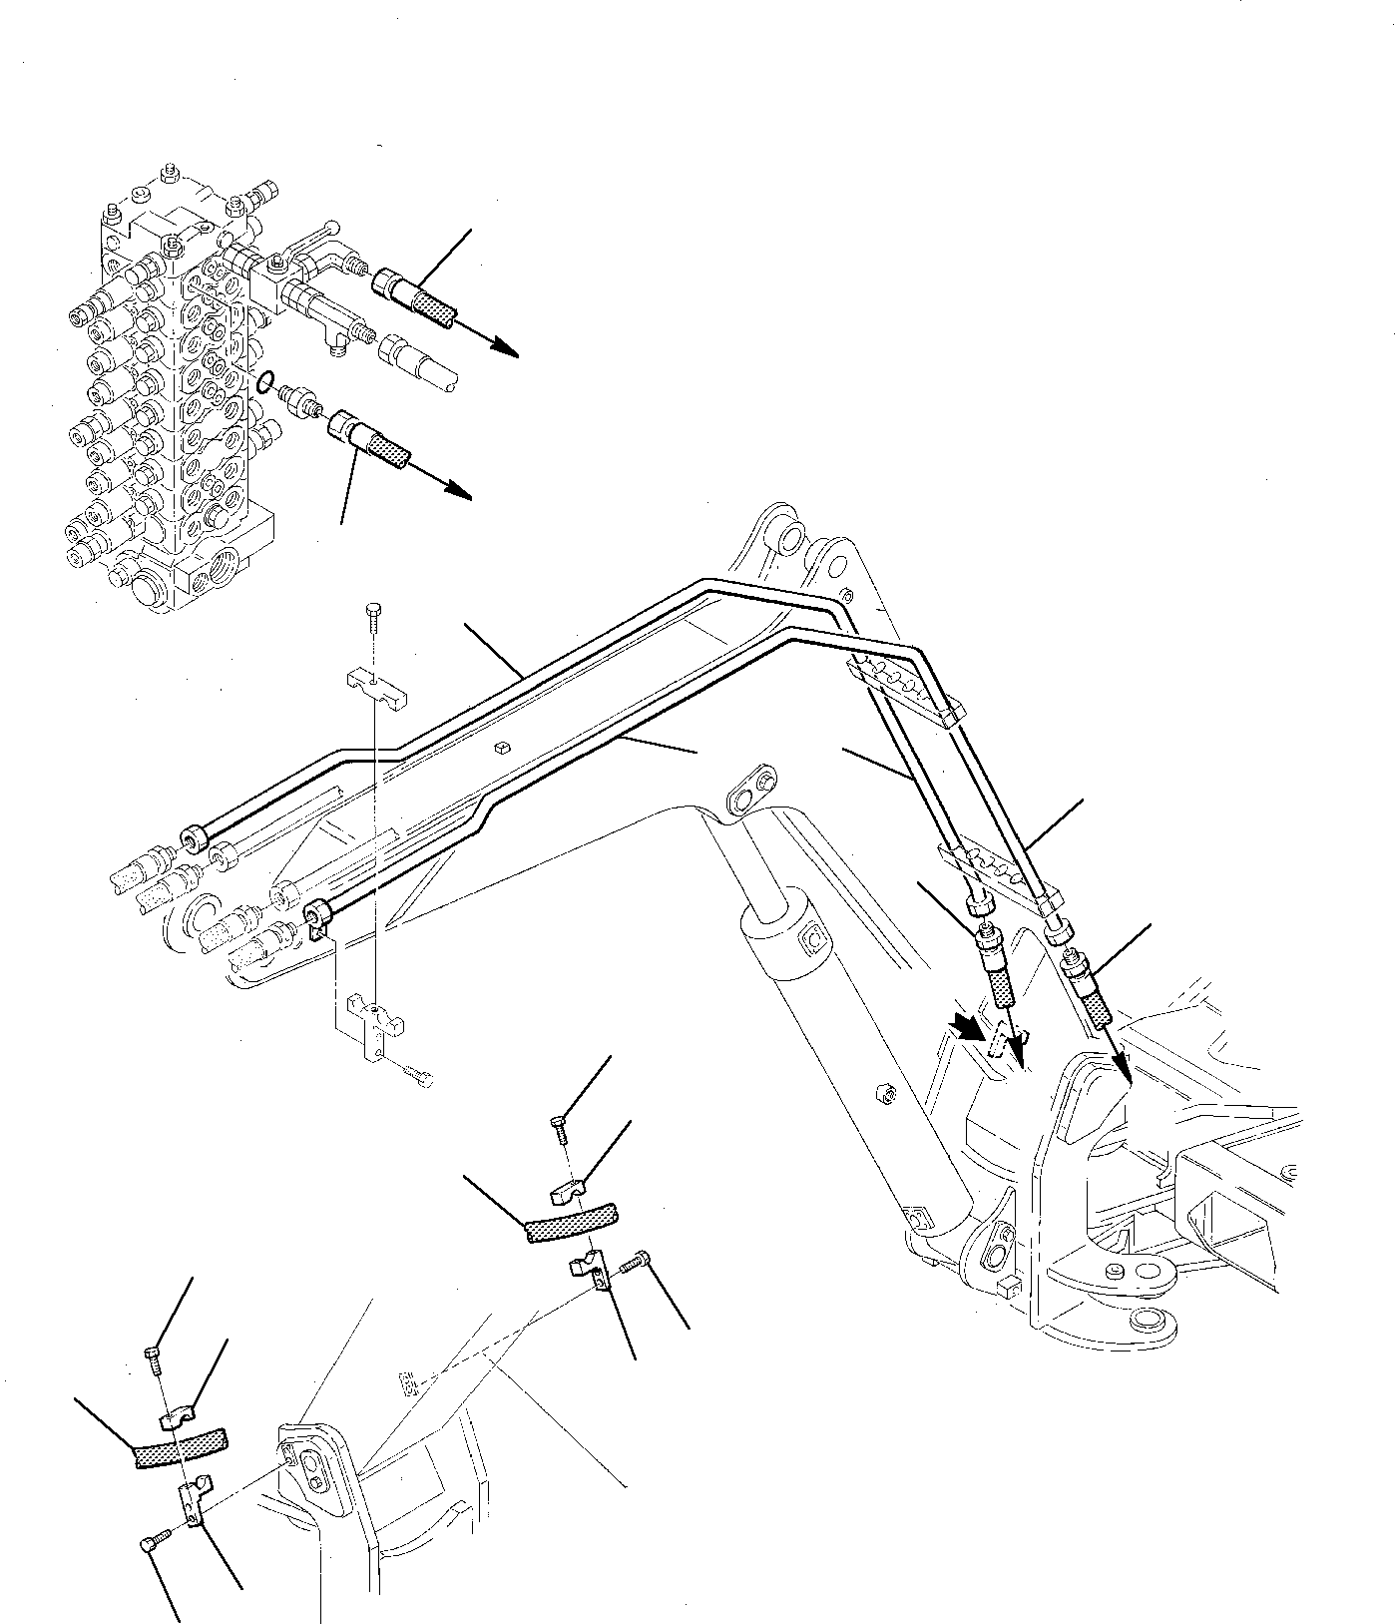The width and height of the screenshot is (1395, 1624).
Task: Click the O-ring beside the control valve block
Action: point(263,381)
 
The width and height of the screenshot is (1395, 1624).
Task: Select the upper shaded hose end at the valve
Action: point(436,304)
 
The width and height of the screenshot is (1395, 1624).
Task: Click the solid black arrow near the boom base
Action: point(966,1027)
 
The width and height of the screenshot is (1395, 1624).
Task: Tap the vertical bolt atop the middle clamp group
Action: point(559,1127)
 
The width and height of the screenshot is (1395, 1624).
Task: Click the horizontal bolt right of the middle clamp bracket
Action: point(635,1263)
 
